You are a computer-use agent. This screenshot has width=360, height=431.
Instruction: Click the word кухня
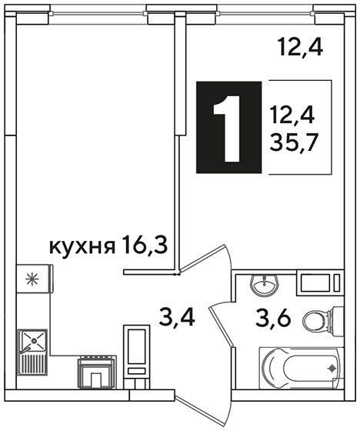click(x=82, y=247)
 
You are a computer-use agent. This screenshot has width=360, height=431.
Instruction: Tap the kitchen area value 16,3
click(x=145, y=245)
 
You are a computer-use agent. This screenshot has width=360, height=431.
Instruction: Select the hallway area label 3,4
click(x=177, y=317)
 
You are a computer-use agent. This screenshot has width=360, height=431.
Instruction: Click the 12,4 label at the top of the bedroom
click(x=300, y=47)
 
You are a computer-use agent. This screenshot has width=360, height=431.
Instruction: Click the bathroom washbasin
click(x=265, y=286)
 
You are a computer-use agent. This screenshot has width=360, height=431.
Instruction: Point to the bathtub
click(x=302, y=368)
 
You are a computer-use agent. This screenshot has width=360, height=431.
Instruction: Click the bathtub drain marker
click(x=332, y=368)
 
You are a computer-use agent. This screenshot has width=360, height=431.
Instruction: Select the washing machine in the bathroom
click(x=320, y=283)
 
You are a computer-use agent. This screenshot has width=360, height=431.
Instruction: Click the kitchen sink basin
click(x=34, y=340)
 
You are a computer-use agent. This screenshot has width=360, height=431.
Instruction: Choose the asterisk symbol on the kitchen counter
click(x=32, y=279)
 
